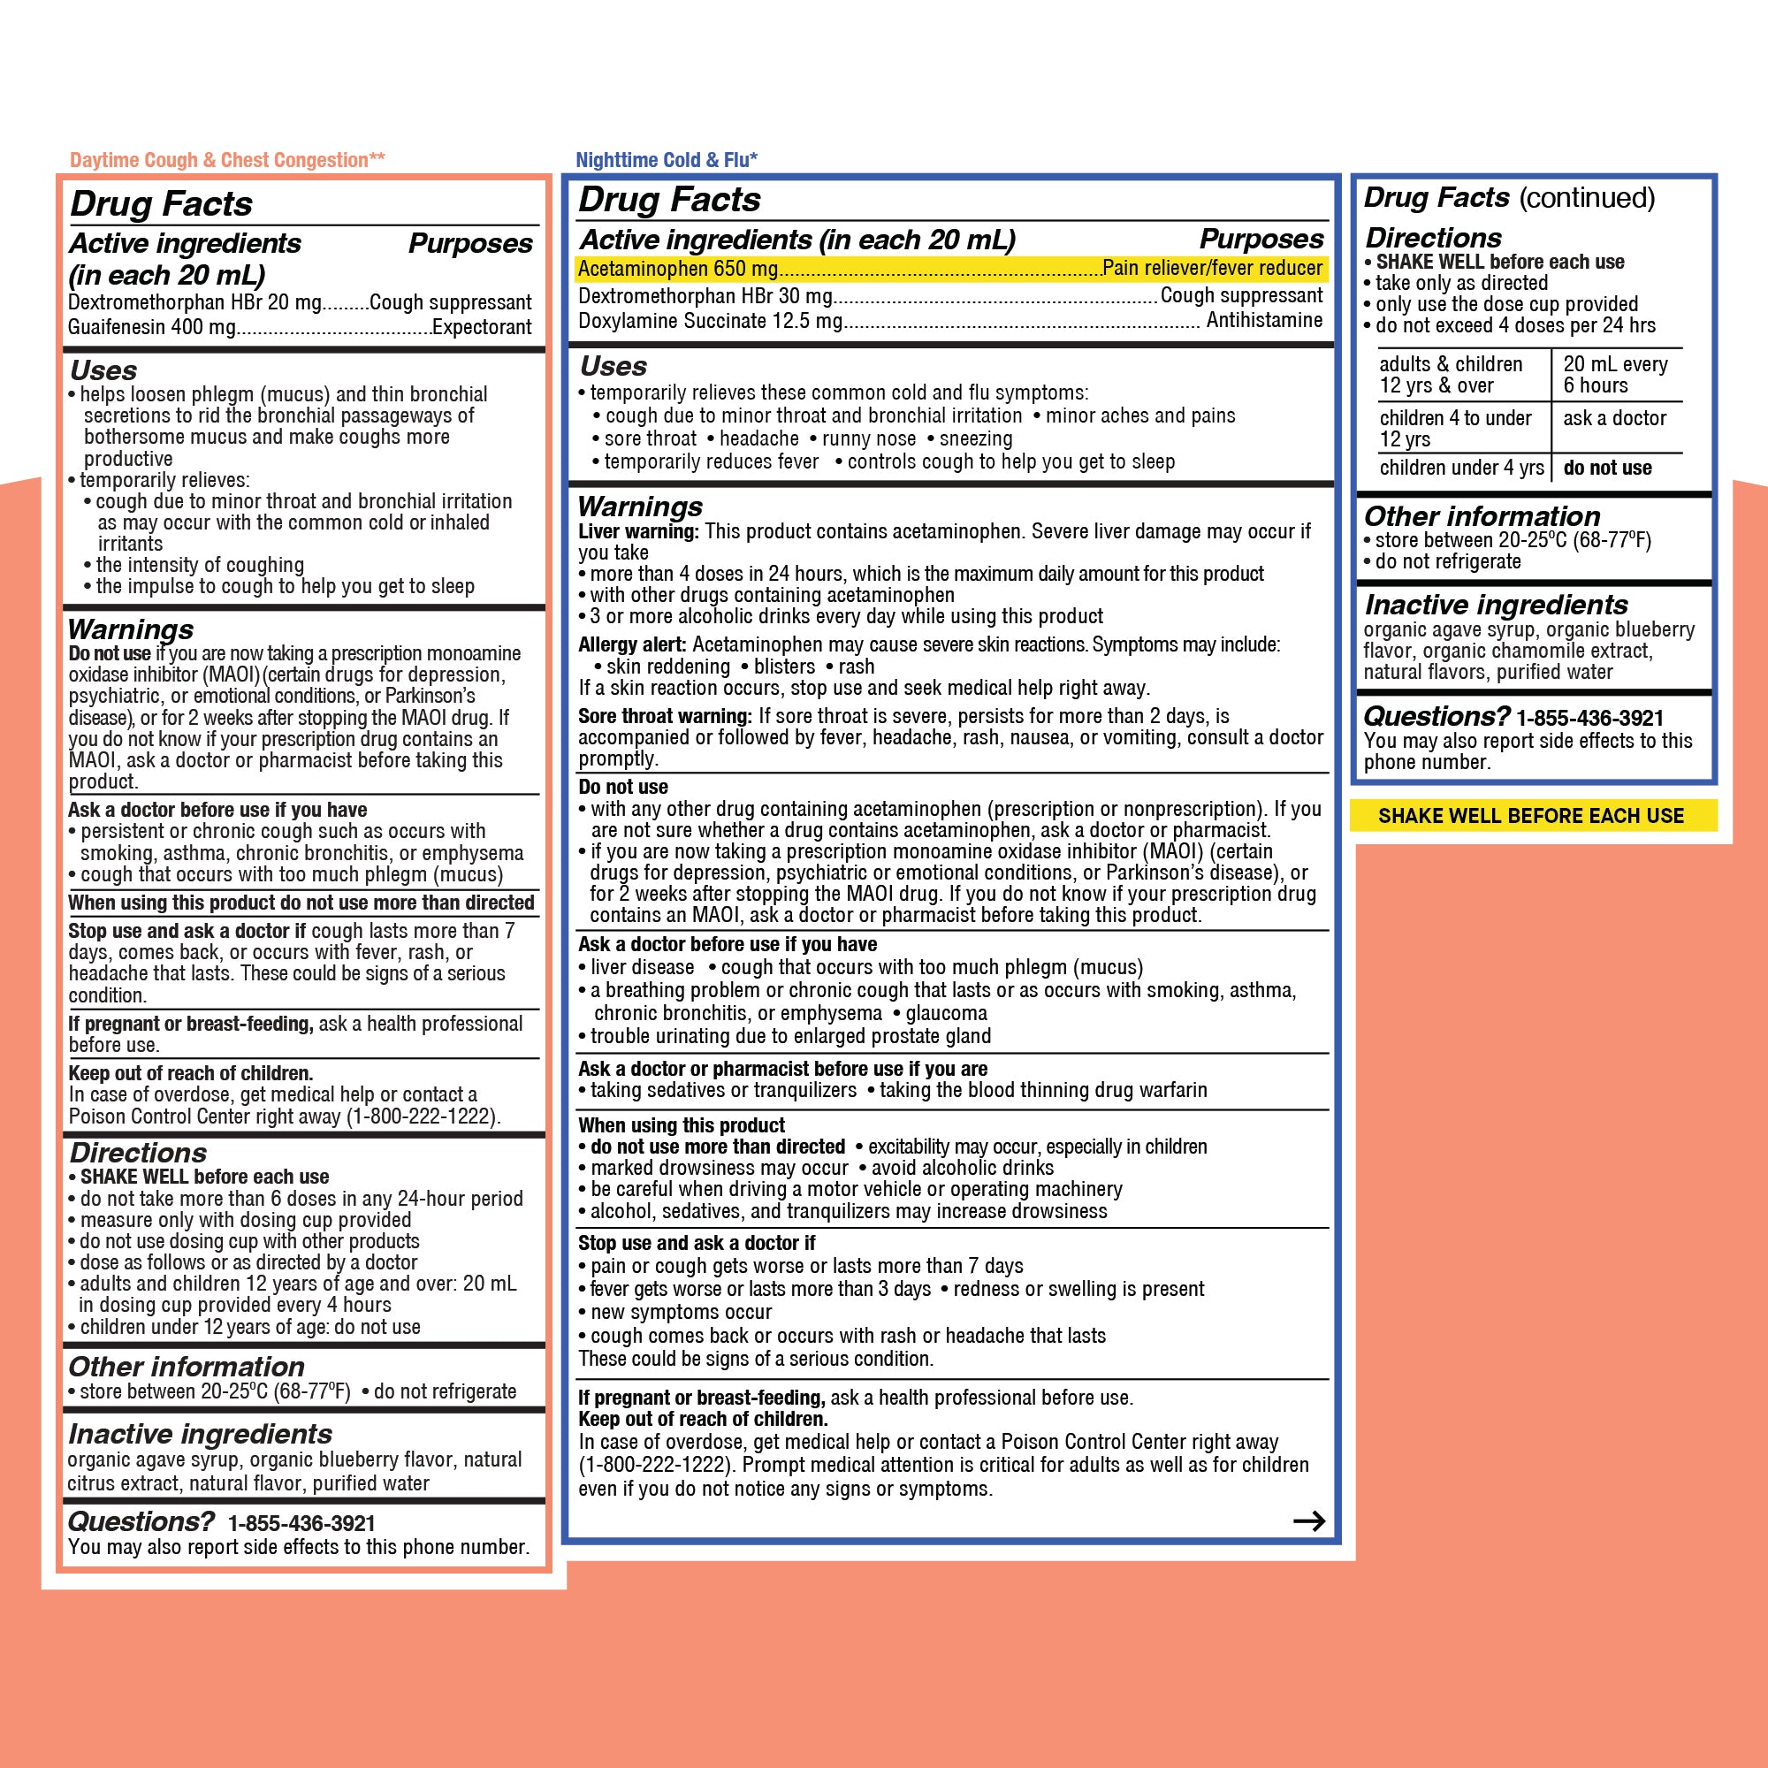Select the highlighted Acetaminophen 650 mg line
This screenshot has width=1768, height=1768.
(x=950, y=268)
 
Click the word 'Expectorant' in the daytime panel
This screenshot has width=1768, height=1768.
(x=482, y=328)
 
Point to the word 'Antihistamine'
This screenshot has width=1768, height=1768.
(x=1264, y=320)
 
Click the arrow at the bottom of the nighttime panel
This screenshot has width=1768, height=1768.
(x=1308, y=1520)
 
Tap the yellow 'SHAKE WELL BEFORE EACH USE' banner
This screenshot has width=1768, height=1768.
(x=1531, y=815)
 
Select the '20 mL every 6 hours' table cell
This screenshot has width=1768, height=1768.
(x=1615, y=375)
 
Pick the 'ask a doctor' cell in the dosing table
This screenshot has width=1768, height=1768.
(x=1614, y=418)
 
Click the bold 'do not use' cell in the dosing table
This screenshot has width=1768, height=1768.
(x=1607, y=468)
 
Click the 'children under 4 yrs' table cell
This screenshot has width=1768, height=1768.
(x=1461, y=468)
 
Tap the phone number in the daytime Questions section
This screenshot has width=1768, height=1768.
(x=301, y=1524)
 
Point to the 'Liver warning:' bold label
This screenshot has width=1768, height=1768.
(x=638, y=531)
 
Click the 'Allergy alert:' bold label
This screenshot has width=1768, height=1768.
(x=631, y=644)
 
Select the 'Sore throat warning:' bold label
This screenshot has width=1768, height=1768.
(x=665, y=716)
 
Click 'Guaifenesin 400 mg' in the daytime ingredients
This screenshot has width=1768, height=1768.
(x=152, y=328)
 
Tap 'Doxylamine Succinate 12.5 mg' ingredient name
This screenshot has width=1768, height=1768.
(x=710, y=321)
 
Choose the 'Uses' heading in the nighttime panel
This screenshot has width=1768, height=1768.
(x=613, y=366)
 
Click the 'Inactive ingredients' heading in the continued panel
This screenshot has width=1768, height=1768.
(x=1497, y=605)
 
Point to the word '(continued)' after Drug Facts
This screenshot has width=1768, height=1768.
(x=1587, y=198)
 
